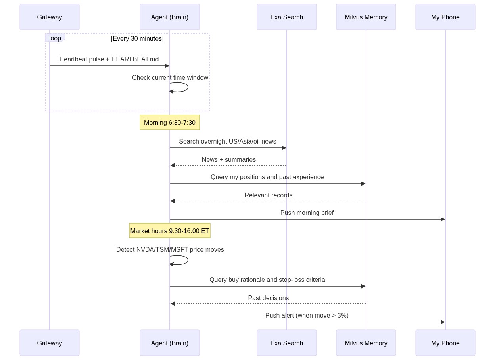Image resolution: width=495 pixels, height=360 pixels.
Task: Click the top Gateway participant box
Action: pyautogui.click(x=50, y=17)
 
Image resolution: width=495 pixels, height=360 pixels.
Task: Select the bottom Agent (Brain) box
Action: pyautogui.click(x=170, y=343)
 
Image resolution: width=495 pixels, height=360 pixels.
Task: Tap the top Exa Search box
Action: pyautogui.click(x=287, y=17)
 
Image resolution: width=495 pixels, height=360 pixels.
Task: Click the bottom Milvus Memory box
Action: pyautogui.click(x=366, y=343)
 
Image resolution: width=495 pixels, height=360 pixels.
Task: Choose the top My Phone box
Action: pyautogui.click(x=445, y=17)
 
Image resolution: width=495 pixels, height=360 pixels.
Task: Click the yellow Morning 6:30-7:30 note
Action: pyautogui.click(x=170, y=123)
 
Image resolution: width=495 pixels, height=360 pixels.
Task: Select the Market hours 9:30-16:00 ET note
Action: pyautogui.click(x=170, y=231)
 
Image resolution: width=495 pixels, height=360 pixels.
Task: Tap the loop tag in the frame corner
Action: pyautogui.click(x=55, y=38)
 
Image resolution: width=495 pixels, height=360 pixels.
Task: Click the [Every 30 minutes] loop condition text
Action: pyautogui.click(x=137, y=38)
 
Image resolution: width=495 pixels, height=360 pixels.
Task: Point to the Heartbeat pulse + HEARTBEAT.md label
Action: pyautogui.click(x=109, y=59)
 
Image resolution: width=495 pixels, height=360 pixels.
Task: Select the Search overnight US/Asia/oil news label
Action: pyautogui.click(x=228, y=142)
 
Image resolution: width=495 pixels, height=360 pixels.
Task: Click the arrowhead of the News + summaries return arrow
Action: pyautogui.click(x=173, y=165)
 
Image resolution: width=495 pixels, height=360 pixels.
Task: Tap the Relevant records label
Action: pyautogui.click(x=269, y=195)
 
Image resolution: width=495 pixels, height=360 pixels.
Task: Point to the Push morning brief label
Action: pyautogui.click(x=307, y=213)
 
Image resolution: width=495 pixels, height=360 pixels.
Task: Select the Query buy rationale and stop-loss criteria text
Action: pyautogui.click(x=267, y=280)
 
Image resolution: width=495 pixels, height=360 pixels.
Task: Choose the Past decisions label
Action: pyautogui.click(x=269, y=298)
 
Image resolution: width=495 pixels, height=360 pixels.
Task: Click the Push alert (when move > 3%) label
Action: pyautogui.click(x=307, y=316)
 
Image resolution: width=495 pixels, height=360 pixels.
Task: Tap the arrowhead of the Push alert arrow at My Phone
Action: pyautogui.click(x=443, y=322)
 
